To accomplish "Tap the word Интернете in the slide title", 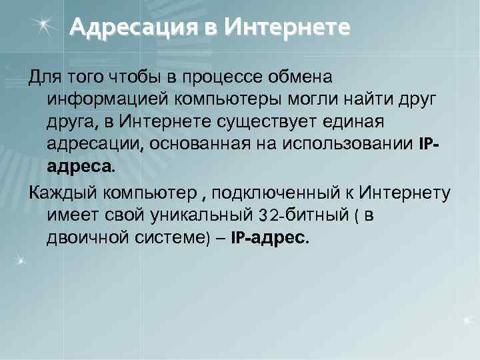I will pos(287,27).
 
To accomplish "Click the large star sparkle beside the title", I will pos(44,25).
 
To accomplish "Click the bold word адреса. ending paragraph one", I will pos(81,167).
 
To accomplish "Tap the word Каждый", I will pos(61,193).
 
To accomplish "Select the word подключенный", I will pos(281,193).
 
